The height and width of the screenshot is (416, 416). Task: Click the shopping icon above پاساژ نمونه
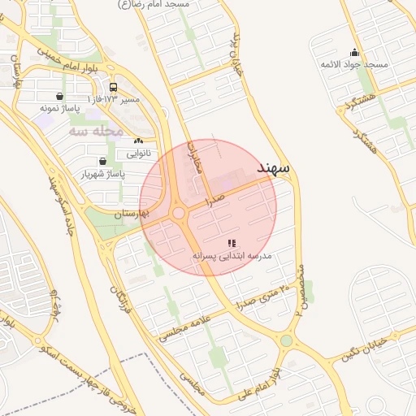point(59,96)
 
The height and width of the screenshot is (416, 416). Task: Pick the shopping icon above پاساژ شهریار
point(102,161)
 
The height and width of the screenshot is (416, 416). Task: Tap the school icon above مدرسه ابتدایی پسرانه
point(232,242)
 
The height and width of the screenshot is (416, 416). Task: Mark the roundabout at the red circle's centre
point(179,213)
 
